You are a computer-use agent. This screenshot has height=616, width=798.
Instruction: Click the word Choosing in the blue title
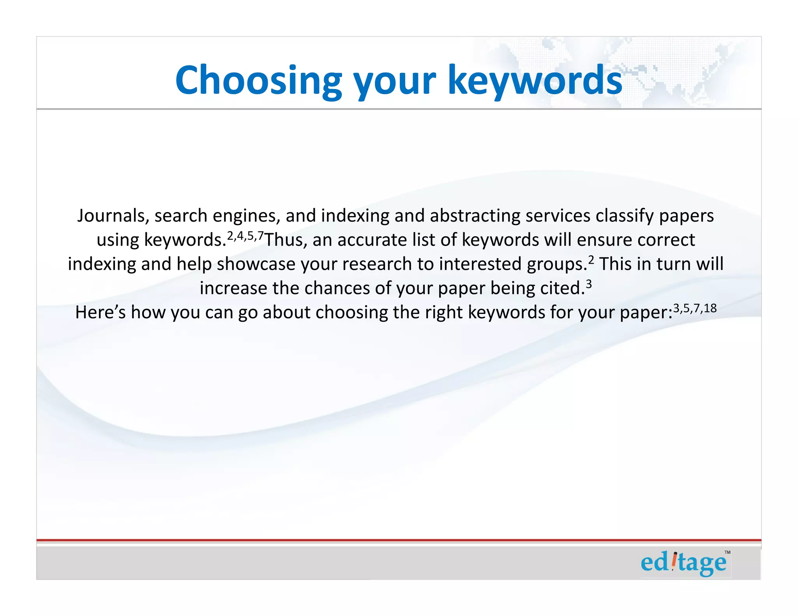258,81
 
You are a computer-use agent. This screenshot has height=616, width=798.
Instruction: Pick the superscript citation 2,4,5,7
245,235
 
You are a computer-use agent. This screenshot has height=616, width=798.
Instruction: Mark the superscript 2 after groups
591,260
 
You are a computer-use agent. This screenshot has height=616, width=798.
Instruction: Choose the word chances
337,289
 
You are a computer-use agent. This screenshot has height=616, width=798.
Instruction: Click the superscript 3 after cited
589,284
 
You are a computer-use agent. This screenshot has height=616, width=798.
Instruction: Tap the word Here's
100,313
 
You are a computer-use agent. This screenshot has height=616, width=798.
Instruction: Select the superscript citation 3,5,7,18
695,308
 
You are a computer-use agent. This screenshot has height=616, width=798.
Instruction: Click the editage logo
684,563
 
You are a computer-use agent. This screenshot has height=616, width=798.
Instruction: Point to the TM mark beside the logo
727,553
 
